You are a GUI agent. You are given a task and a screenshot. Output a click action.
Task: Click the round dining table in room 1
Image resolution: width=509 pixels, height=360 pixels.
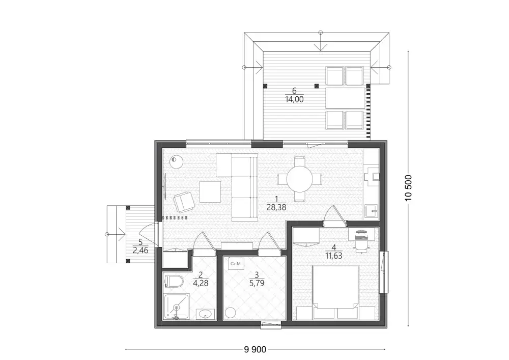point(300,179)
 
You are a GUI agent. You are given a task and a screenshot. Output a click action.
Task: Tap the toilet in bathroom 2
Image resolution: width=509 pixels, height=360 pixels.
point(174,282)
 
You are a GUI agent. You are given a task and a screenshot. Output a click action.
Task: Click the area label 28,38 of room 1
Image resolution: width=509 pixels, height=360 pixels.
point(276,207)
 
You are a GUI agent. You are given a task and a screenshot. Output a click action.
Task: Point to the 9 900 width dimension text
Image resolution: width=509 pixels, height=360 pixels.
point(255,349)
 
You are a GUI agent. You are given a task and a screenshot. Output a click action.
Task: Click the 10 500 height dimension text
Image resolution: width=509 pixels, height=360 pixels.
point(408,187)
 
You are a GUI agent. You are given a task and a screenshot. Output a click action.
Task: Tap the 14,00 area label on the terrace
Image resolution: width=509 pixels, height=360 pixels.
point(294,99)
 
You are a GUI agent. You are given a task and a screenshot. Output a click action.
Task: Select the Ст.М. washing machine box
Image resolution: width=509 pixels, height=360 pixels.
point(236,264)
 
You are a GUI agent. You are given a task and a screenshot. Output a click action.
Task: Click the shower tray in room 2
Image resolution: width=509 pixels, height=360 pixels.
point(177,307)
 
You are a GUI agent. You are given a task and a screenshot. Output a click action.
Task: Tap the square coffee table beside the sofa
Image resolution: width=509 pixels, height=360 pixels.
point(210,192)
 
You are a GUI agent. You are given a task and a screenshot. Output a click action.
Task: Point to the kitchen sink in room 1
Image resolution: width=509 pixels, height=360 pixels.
point(372,211)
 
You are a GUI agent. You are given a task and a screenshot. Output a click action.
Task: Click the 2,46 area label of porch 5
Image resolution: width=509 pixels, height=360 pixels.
point(140,251)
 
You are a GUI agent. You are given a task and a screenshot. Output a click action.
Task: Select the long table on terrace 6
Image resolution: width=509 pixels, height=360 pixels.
point(345,98)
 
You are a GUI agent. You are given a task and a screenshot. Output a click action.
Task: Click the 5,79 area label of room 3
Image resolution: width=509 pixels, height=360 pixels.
point(257,284)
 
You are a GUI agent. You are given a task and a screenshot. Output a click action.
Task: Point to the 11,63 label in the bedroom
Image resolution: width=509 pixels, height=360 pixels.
point(334,256)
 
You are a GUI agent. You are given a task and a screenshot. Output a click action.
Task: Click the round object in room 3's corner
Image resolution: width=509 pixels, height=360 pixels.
point(230,313)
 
